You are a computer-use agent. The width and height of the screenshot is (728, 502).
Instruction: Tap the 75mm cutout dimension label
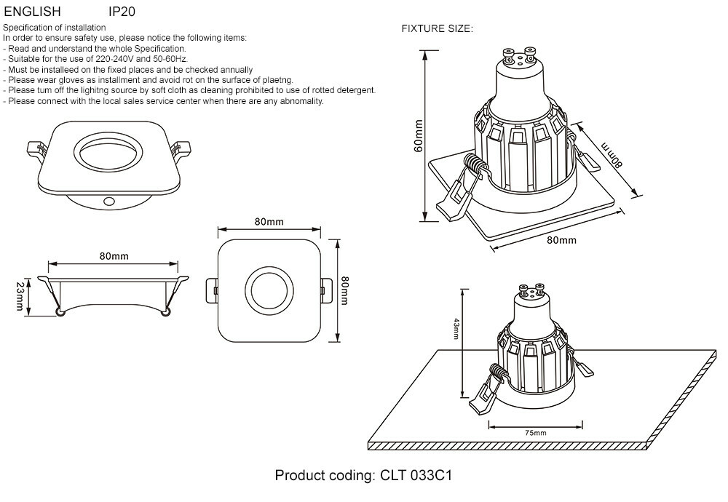click(x=535, y=433)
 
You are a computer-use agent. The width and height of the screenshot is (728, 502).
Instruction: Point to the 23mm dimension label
click(x=20, y=298)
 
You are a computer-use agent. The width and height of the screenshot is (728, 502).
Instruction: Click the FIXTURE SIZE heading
click(x=438, y=29)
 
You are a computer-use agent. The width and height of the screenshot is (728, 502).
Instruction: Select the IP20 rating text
click(x=122, y=12)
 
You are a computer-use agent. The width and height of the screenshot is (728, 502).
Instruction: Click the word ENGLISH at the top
click(x=33, y=12)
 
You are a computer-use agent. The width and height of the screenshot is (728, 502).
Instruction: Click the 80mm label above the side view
click(x=114, y=256)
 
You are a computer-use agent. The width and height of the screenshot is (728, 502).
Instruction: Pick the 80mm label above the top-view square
click(x=269, y=221)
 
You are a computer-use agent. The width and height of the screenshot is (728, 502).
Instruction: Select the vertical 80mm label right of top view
click(x=345, y=290)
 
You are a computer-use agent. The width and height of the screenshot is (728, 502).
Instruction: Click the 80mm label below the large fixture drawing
click(x=561, y=240)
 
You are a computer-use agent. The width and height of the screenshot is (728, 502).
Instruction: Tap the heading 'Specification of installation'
click(x=55, y=28)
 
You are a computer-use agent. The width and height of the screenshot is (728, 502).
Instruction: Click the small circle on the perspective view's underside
click(x=108, y=199)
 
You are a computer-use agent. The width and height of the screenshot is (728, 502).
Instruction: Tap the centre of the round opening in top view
click(x=269, y=289)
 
